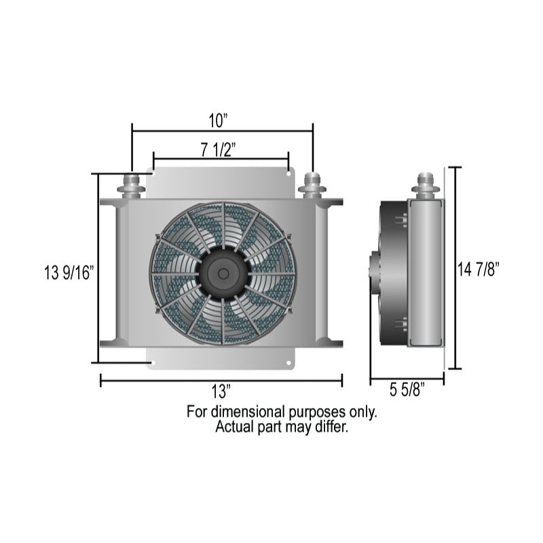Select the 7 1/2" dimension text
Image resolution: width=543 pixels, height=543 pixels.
(218, 149)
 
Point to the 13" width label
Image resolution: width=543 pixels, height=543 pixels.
(221, 392)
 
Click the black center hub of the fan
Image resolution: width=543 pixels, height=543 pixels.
(222, 273)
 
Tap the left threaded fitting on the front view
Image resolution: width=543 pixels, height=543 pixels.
(132, 185)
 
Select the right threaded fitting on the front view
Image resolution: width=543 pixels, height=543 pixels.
(312, 185)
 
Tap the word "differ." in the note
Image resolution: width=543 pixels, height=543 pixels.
(331, 428)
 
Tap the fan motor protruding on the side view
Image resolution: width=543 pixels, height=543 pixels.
(374, 273)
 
